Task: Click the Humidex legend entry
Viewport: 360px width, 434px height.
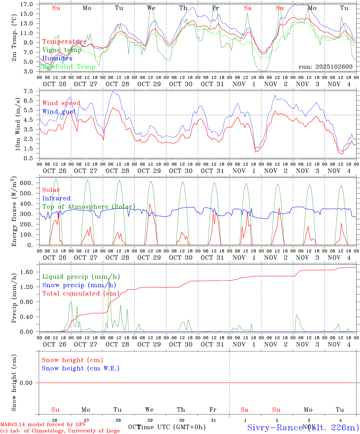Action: [57, 58]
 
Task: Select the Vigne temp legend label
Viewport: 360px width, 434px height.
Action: [62, 50]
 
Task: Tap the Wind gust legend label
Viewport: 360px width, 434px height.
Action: [59, 112]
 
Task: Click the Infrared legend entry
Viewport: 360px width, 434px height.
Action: [56, 198]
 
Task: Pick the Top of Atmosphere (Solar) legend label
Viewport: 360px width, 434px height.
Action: [89, 207]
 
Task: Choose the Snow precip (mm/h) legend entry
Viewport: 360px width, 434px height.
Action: [79, 285]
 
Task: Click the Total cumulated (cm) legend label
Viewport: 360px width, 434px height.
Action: [81, 293]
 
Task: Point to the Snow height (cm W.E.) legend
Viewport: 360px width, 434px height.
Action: [81, 368]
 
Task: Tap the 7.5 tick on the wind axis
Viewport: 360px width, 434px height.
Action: [28, 91]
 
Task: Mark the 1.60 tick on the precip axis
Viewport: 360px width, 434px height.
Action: [27, 272]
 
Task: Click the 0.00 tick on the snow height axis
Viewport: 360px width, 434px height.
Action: [27, 383]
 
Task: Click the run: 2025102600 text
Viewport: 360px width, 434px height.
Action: [325, 67]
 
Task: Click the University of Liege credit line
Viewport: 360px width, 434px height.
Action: [60, 431]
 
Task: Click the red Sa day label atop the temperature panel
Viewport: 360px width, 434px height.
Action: [248, 8]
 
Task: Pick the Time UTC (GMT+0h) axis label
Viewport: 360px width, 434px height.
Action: [171, 427]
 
